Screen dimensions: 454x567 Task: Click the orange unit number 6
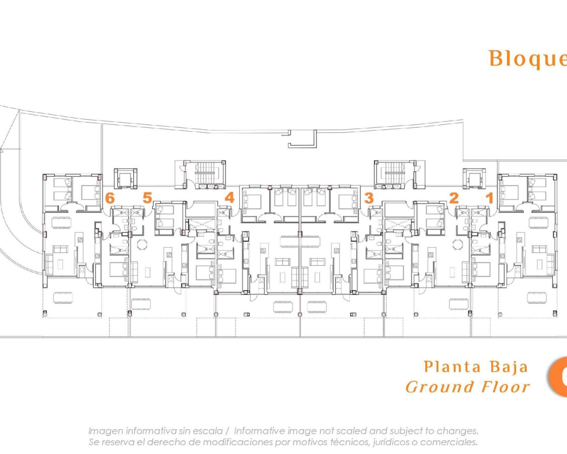(110, 198)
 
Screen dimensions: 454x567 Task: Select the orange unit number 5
(147, 198)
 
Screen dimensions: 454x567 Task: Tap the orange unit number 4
(229, 197)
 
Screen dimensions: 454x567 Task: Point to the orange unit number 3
(369, 198)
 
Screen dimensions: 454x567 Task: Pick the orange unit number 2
(454, 198)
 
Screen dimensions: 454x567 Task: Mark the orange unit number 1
(489, 198)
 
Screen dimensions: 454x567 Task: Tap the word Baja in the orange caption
(509, 368)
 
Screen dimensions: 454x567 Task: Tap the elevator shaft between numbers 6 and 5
(124, 179)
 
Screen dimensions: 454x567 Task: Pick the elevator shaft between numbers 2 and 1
(474, 179)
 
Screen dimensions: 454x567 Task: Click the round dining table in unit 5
(142, 244)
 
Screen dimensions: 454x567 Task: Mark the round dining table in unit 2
(457, 244)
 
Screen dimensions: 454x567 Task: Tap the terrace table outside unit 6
(63, 297)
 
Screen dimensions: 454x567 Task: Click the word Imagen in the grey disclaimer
(106, 431)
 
